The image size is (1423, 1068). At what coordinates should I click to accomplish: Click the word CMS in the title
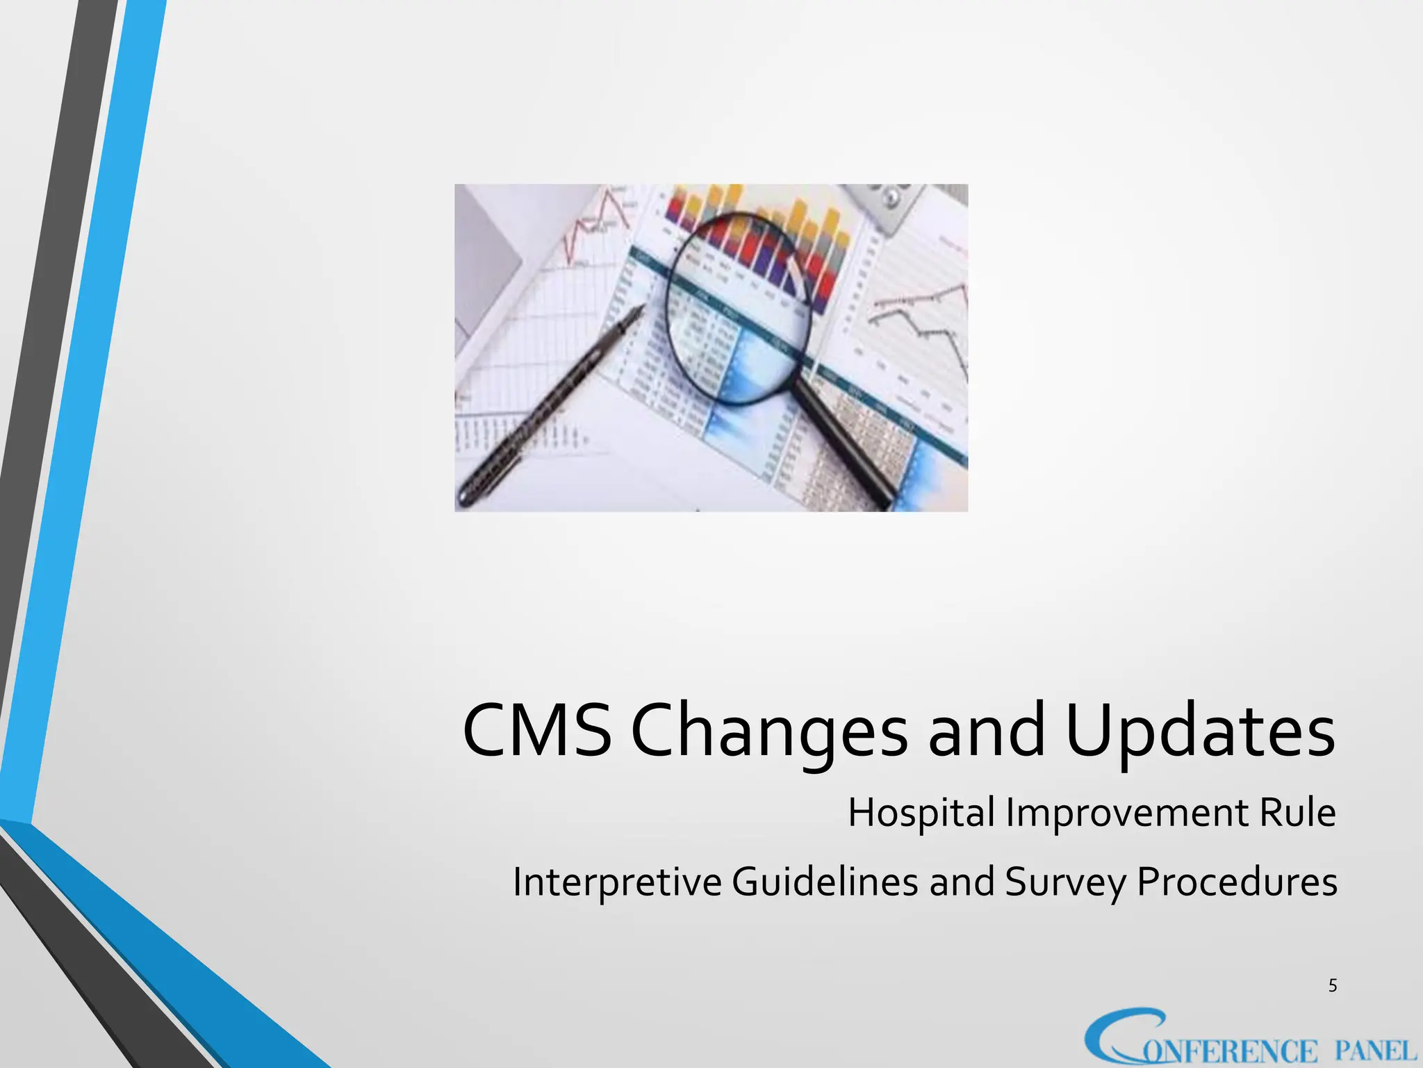pyautogui.click(x=536, y=730)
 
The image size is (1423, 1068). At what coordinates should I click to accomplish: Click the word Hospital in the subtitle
pyautogui.click(x=921, y=813)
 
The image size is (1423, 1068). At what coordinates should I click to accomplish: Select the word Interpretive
pyautogui.click(x=617, y=882)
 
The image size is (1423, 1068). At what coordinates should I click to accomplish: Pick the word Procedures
pyautogui.click(x=1237, y=881)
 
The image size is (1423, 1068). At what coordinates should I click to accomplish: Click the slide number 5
pyautogui.click(x=1332, y=985)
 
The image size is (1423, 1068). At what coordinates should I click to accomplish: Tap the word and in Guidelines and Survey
pyautogui.click(x=962, y=881)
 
